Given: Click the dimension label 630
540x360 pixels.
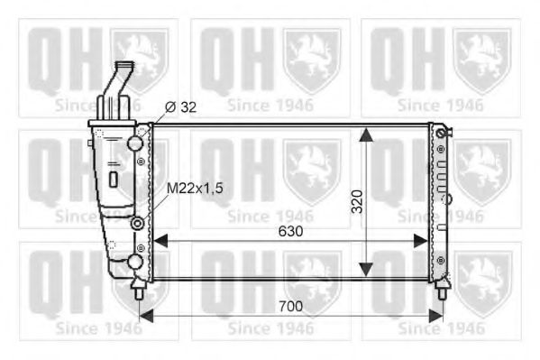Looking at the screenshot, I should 288,231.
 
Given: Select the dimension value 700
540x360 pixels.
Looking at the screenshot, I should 288,307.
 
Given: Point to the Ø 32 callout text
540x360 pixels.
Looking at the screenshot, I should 182,107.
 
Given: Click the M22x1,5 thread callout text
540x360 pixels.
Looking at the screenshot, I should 193,187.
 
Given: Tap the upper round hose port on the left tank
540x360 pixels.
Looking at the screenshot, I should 135,143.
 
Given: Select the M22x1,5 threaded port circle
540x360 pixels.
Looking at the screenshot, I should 137,223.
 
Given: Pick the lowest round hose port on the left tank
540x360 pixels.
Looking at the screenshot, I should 135,262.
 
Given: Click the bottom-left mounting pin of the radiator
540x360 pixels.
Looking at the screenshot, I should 138,290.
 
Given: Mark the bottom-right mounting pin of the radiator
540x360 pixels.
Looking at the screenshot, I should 442,290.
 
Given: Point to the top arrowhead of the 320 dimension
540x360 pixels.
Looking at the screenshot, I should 365,134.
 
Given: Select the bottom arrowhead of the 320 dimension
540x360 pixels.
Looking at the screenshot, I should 365,268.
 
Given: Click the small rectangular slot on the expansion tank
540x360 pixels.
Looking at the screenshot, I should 113,178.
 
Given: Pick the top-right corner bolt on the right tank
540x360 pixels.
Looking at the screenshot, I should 440,134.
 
